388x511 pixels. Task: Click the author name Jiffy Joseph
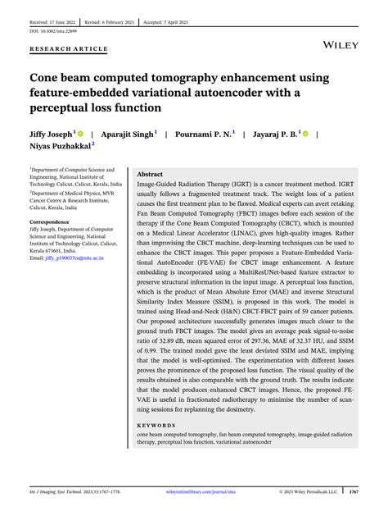click(50, 132)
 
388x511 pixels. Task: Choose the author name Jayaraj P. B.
click(275, 132)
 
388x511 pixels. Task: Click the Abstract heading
click(150, 175)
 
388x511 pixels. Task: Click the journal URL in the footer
click(195, 491)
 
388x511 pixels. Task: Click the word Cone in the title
click(46, 78)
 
